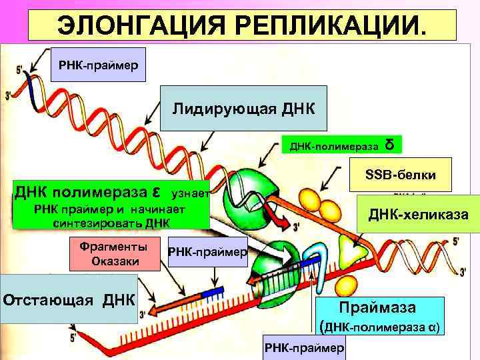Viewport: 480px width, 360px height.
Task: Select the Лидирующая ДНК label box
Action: [x=245, y=108]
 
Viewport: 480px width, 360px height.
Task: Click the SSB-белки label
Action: [x=401, y=175]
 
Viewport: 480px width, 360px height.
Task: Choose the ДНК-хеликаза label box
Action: [x=419, y=214]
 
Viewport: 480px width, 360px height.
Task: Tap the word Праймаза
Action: [x=377, y=308]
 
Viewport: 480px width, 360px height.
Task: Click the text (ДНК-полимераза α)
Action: [x=379, y=328]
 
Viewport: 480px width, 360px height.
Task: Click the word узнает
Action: [x=191, y=194]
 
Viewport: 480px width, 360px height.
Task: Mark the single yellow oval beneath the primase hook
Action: [x=344, y=285]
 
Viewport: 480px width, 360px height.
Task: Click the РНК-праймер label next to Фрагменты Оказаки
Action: [x=208, y=252]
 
